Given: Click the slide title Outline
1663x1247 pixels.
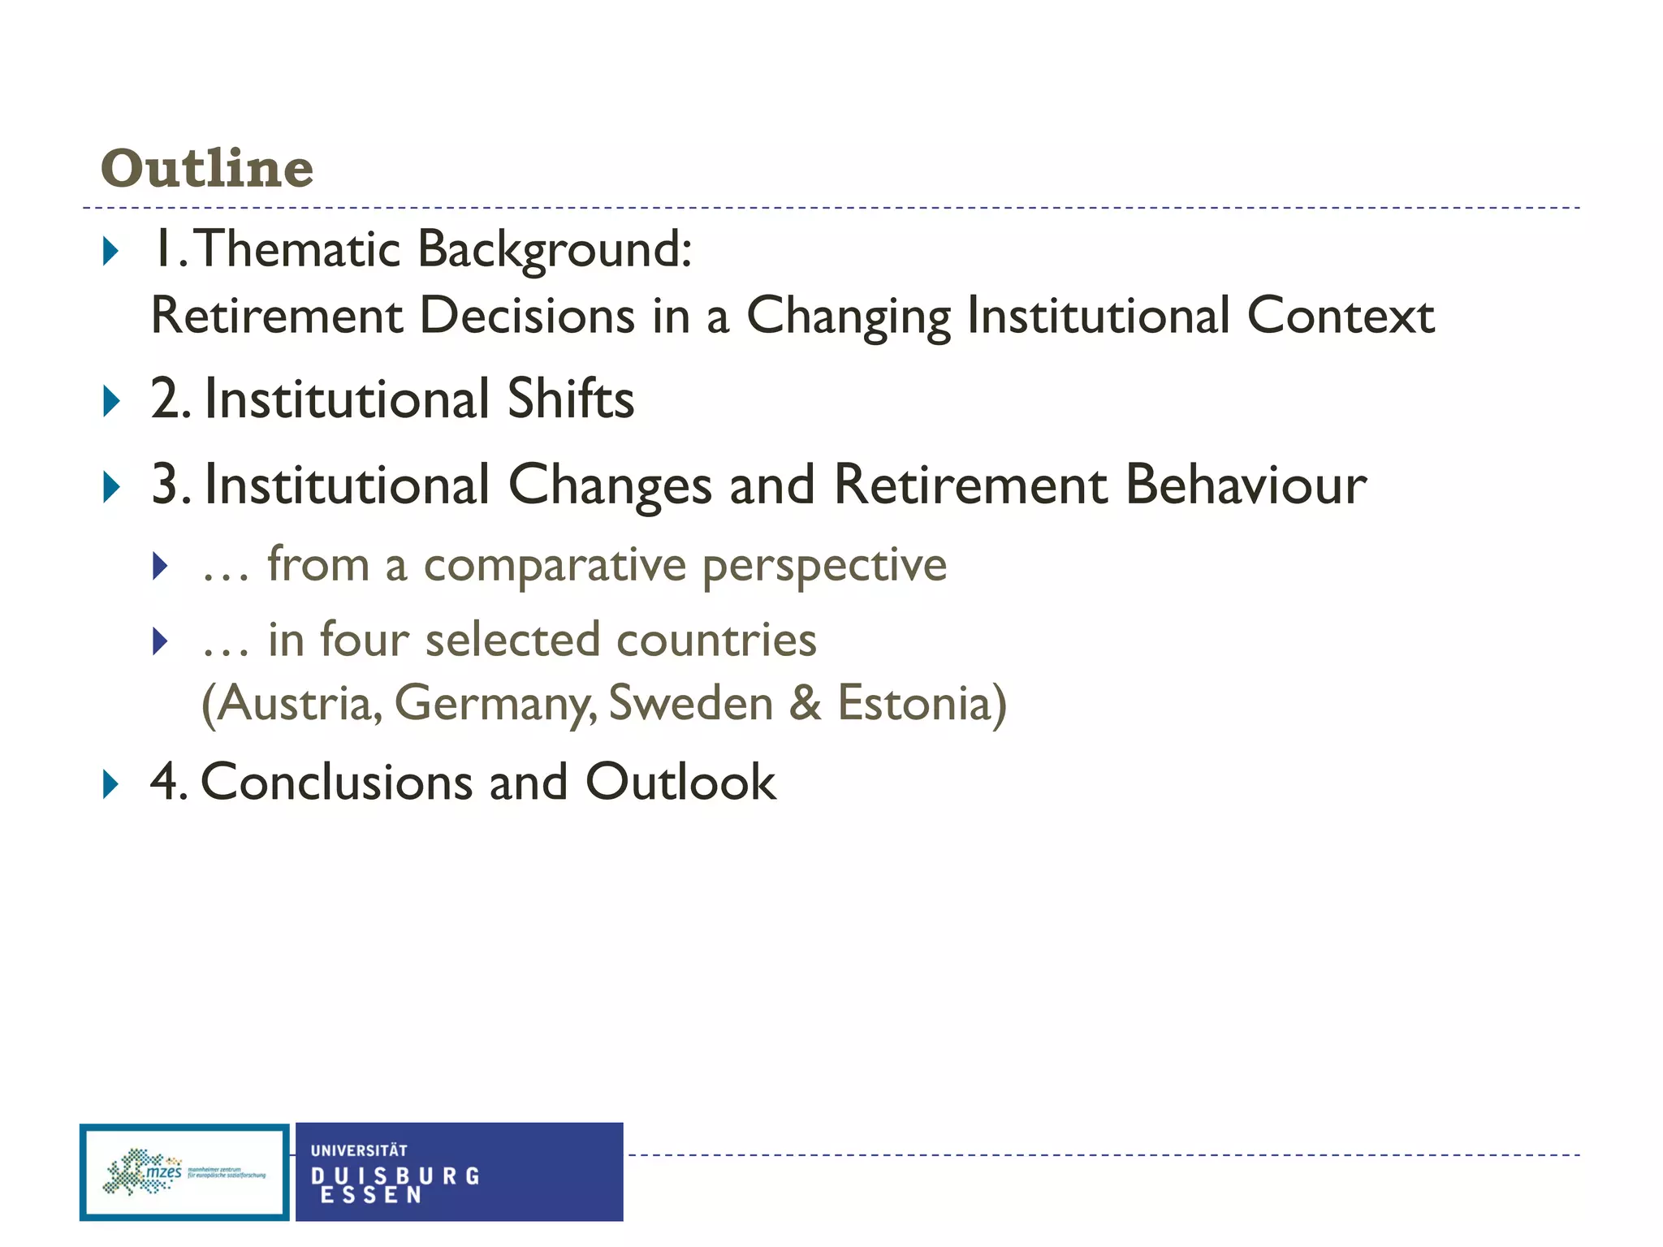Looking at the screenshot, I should point(207,168).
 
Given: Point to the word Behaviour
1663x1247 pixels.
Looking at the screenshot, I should point(1246,485).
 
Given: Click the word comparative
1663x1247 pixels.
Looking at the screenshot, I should point(555,565).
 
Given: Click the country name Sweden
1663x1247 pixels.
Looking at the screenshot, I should point(691,703).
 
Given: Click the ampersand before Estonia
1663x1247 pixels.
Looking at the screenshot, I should point(805,703).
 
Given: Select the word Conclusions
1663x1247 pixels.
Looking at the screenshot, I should point(336,782).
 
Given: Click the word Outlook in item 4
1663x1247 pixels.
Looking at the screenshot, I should point(680,782).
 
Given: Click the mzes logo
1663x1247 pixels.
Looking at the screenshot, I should point(184,1172).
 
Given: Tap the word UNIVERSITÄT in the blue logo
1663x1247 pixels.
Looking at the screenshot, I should point(359,1150).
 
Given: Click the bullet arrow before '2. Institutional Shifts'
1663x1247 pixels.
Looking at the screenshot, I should point(111,401).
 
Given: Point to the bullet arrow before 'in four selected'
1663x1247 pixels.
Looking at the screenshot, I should point(160,641).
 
